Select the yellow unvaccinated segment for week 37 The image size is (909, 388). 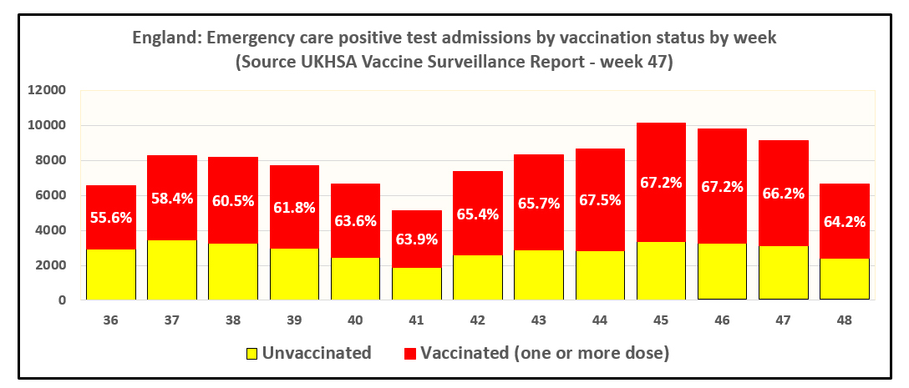click(x=171, y=270)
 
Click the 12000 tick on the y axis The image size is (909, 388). click(x=47, y=91)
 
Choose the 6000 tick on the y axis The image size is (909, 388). click(x=50, y=195)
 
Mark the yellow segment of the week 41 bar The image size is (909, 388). click(x=416, y=283)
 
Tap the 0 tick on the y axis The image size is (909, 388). click(x=63, y=300)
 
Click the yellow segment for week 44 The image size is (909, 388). click(x=600, y=275)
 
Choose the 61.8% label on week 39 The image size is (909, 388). click(x=294, y=208)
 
